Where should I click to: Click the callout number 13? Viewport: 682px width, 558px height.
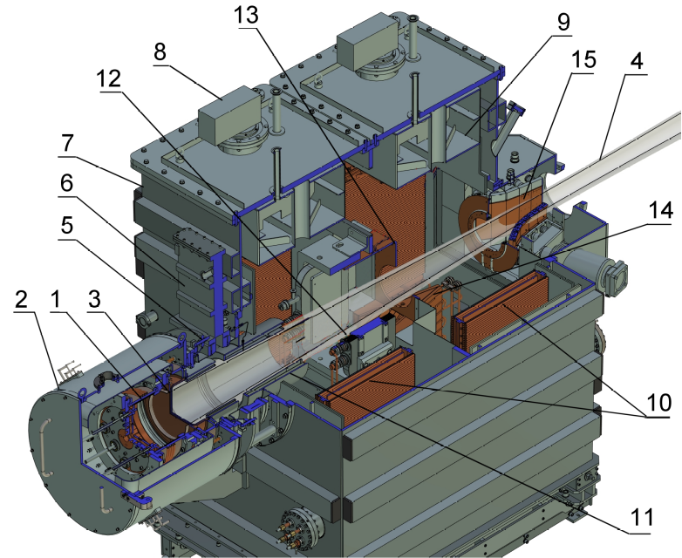tap(246, 15)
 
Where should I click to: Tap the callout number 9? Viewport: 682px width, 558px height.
tap(563, 22)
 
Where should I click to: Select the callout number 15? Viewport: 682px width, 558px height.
tap(583, 59)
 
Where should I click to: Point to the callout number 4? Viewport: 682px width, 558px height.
tap(636, 62)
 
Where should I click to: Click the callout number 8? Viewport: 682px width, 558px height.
tap(160, 52)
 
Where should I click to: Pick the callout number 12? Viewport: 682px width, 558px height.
tap(109, 79)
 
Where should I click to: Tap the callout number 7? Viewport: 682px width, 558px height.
tap(66, 143)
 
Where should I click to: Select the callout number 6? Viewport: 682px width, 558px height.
tap(66, 183)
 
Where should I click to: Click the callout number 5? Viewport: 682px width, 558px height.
tap(66, 225)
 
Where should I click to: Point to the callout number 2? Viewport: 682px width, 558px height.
tap(21, 300)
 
